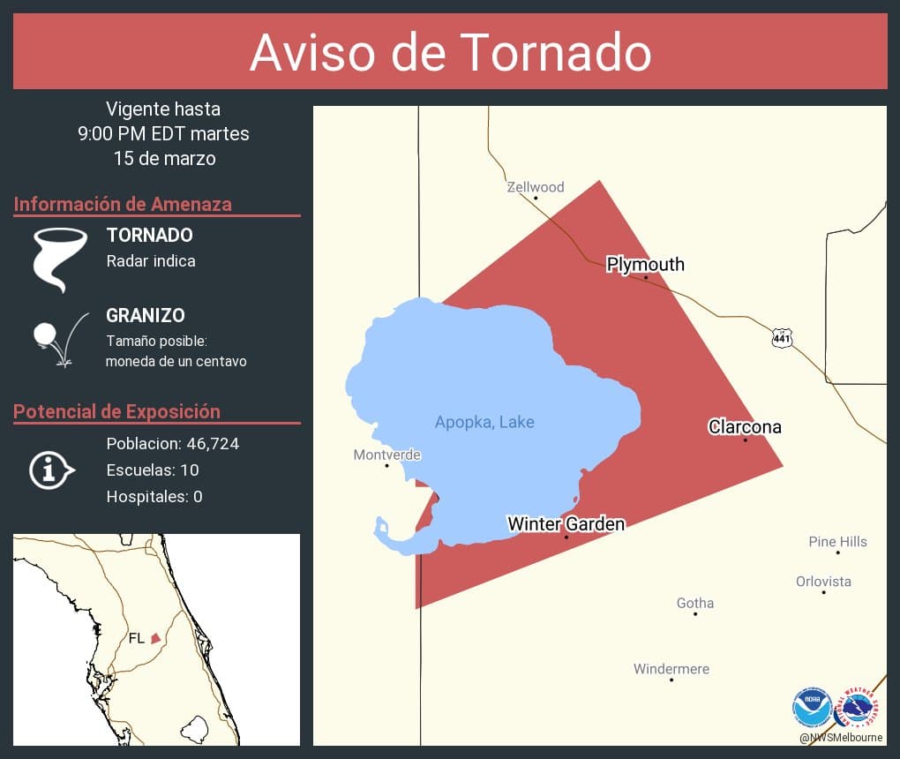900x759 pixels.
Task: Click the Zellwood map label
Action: [x=536, y=187]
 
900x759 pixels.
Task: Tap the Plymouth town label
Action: [x=645, y=264]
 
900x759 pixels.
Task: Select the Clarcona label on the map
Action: [x=745, y=427]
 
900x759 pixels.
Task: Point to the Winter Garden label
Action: [x=566, y=524]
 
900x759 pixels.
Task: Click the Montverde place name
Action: [x=386, y=455]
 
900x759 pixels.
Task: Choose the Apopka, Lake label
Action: [x=484, y=422]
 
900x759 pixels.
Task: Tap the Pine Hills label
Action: [x=837, y=542]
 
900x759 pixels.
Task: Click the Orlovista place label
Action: [x=823, y=582]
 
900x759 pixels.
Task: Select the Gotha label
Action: [x=695, y=604]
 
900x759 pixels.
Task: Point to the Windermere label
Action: [x=671, y=669]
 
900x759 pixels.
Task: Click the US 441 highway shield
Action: [x=782, y=338]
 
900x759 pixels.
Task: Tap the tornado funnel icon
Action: [x=59, y=258]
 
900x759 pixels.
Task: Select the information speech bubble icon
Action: [x=51, y=470]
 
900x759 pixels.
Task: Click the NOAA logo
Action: [x=812, y=707]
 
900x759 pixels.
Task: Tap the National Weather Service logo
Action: [x=858, y=707]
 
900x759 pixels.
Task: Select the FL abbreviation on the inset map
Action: [x=137, y=638]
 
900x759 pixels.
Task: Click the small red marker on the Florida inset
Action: [x=155, y=637]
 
